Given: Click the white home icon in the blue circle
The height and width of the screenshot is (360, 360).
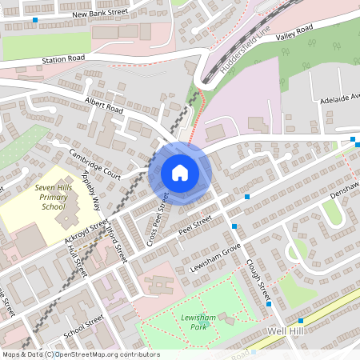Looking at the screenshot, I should (x=180, y=173).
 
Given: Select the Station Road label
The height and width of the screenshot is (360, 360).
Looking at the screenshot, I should (x=65, y=59).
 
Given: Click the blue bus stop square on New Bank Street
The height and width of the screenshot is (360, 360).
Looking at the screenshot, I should (x=36, y=18).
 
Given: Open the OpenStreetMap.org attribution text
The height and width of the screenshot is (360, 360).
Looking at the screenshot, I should (x=80, y=354).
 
